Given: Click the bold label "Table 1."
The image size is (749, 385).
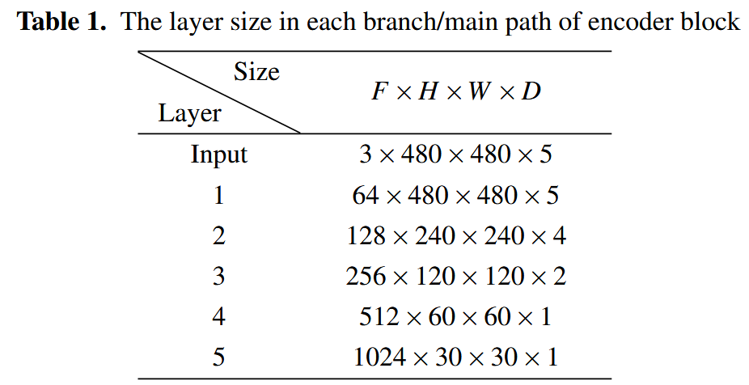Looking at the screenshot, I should coord(64,21).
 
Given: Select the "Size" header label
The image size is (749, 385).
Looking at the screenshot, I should coord(256,72).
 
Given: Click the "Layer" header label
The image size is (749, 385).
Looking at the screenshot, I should coord(189,113).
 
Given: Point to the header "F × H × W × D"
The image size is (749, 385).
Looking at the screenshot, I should coord(455,91).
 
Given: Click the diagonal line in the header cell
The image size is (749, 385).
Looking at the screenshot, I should coord(218,91).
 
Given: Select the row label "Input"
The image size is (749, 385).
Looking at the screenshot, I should coord(218,154).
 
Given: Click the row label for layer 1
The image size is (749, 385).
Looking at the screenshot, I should coord(218,195).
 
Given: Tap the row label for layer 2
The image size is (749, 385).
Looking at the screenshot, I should coord(218,235).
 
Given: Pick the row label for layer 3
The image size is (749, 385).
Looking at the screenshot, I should coord(218,276).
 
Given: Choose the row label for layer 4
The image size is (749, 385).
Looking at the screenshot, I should coord(218,316).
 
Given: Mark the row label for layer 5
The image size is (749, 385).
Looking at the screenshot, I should coord(218,357).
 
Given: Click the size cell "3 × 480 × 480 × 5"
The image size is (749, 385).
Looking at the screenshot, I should coord(455,154).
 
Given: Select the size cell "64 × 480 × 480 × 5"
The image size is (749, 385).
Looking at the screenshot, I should coord(455,195).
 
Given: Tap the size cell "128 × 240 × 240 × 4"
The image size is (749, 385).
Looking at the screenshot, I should coord(455,235).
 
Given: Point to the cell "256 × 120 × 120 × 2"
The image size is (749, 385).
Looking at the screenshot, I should coord(455,276).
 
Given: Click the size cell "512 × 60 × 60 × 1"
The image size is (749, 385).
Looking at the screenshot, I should coord(455,316).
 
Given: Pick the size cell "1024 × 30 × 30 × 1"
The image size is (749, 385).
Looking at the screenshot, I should coord(455,357).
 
